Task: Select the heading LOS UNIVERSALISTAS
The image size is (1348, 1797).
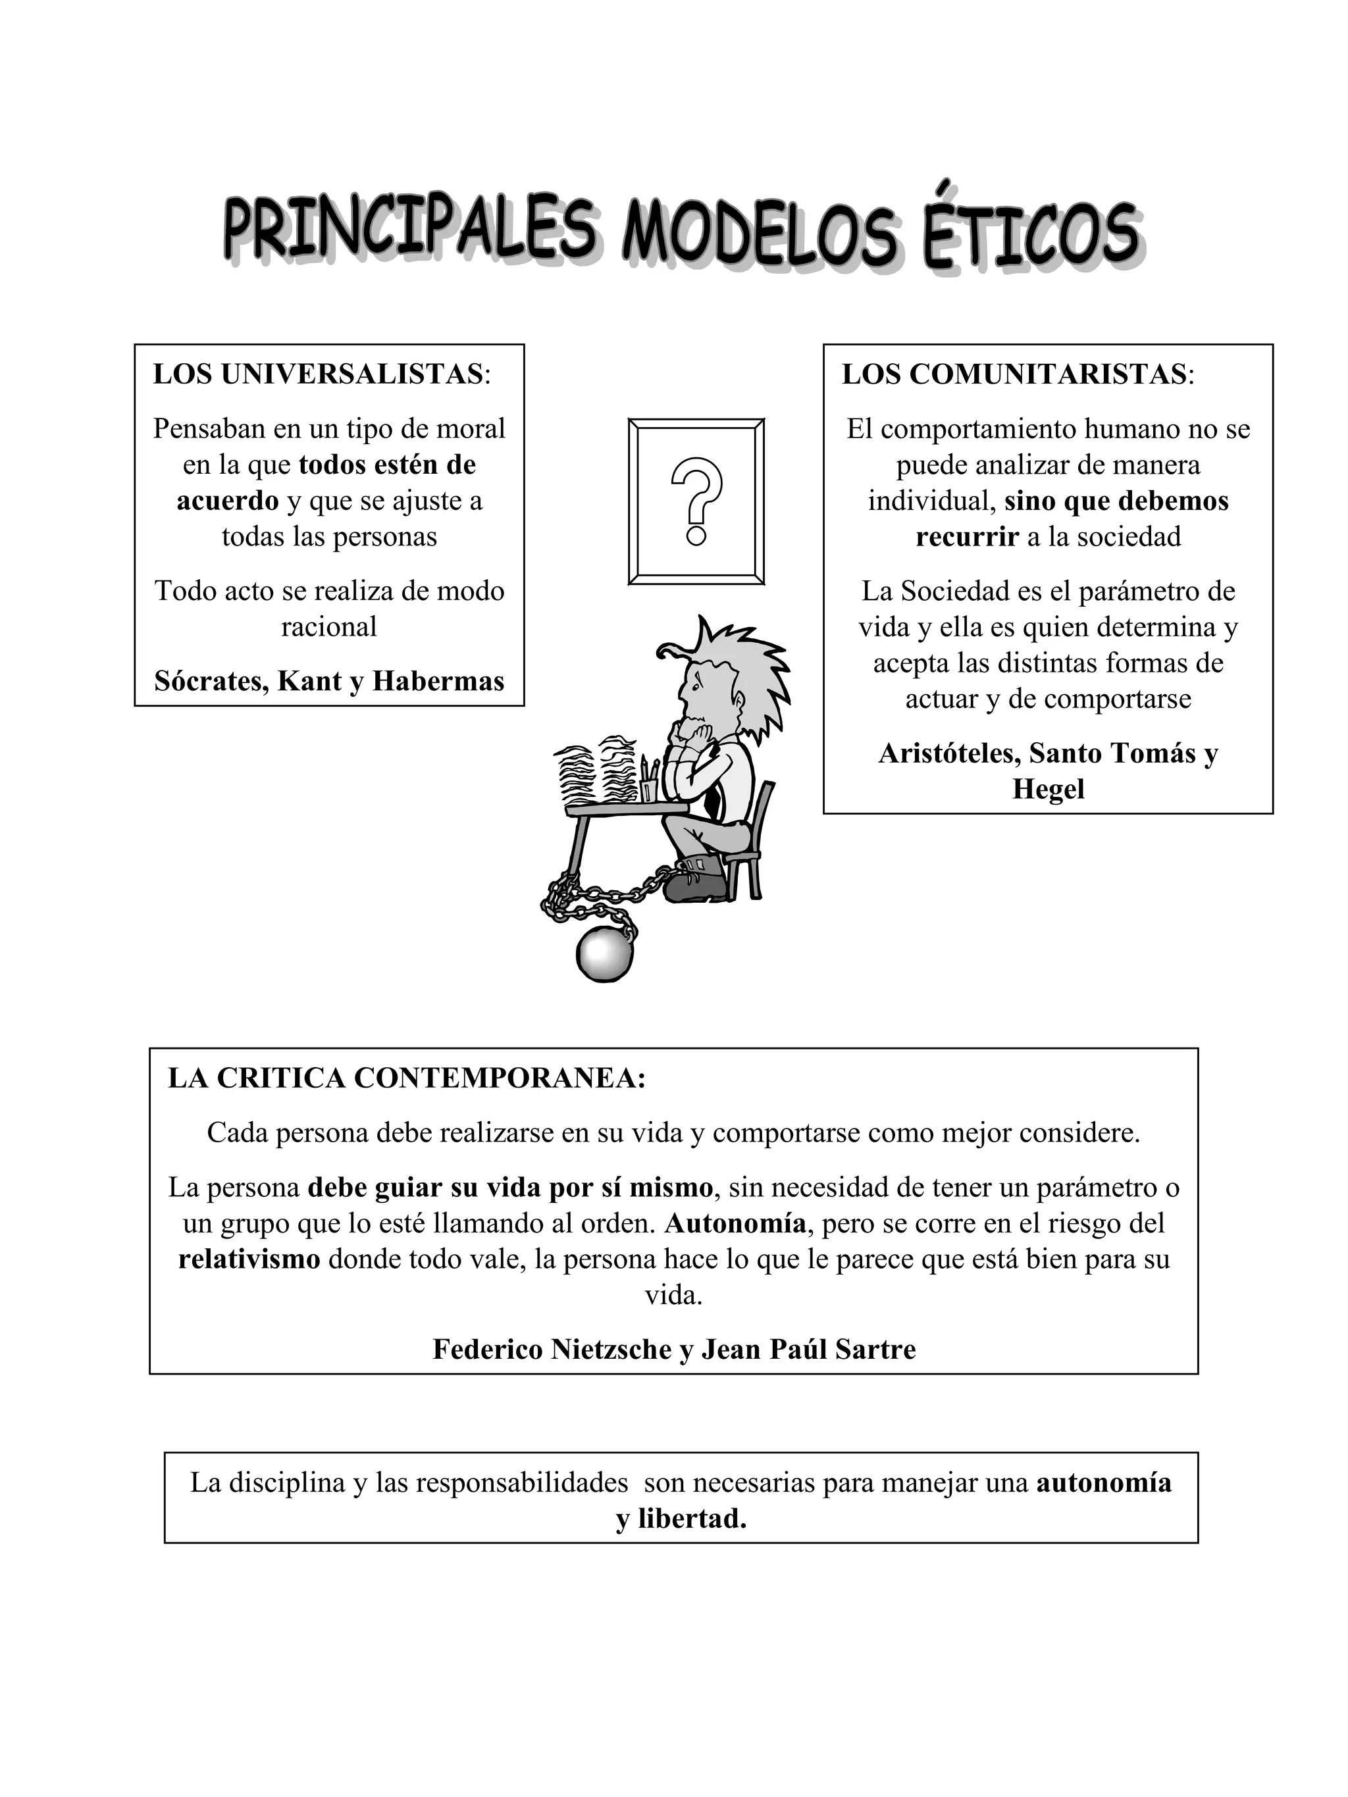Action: pyautogui.click(x=318, y=374)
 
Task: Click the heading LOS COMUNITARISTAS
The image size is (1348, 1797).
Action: pyautogui.click(x=1013, y=374)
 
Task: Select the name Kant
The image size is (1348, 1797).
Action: pyautogui.click(x=309, y=681)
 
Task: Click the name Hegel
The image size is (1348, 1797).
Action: pyautogui.click(x=1047, y=789)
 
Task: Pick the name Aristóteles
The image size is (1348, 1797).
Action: pyautogui.click(x=948, y=753)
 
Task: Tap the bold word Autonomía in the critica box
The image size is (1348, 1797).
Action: pyautogui.click(x=735, y=1223)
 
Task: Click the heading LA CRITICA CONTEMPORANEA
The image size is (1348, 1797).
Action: pyautogui.click(x=405, y=1078)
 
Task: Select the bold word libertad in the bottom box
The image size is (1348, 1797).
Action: pyautogui.click(x=692, y=1519)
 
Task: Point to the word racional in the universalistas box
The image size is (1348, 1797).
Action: pyautogui.click(x=328, y=627)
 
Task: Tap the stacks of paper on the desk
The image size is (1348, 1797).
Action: pyautogui.click(x=597, y=768)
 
